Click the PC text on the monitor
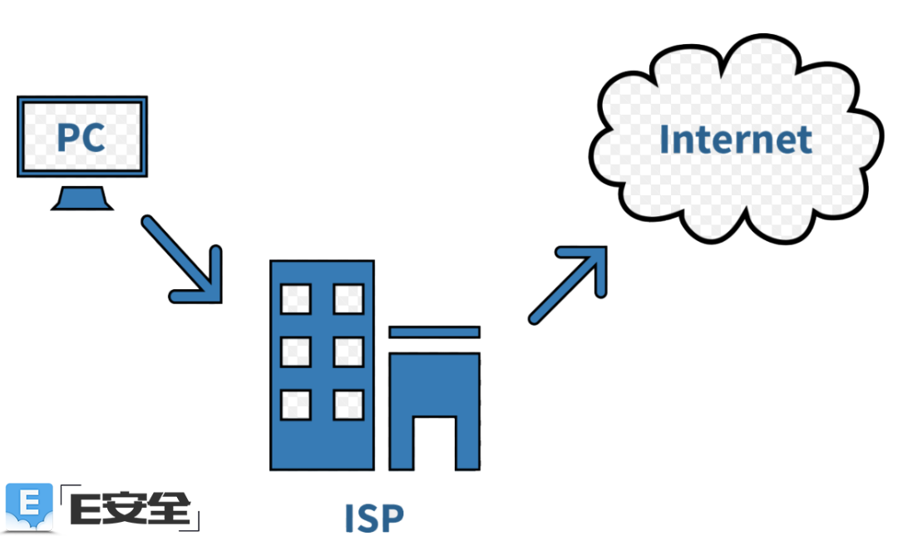pos(81,136)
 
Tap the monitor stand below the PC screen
pos(81,198)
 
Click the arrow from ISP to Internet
pos(569,283)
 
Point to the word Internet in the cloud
pos(735,140)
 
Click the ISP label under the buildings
pos(374,517)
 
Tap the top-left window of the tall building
pos(295,298)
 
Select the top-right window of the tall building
pos(348,298)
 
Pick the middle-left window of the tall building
pos(295,352)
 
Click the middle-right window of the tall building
pos(348,352)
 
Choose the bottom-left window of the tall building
pos(295,404)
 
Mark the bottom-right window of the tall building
pos(348,404)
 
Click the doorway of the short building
pos(434,442)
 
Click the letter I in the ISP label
pos(350,517)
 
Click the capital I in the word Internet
pos(664,140)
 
